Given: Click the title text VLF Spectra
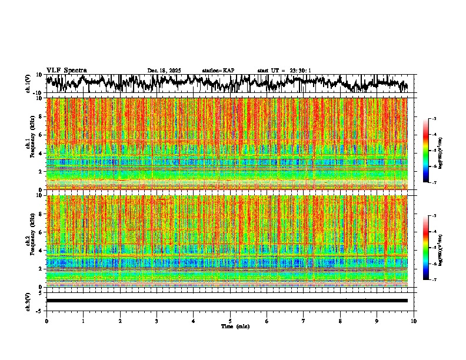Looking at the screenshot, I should tap(66, 71).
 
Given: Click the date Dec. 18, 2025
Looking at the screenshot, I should tap(164, 71).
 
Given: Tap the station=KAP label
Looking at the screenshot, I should tap(218, 71).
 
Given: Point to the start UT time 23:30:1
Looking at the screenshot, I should tap(297, 71).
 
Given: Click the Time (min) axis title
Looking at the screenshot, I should tap(235, 326).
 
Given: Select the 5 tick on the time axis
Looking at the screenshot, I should tap(230, 321).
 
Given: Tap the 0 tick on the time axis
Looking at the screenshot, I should tap(46, 321).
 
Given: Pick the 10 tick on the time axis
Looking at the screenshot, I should tap(414, 321).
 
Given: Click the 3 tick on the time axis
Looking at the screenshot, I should tap(157, 321).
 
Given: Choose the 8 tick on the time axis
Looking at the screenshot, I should tap(340, 321).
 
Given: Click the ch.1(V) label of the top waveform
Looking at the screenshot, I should tap(28, 84).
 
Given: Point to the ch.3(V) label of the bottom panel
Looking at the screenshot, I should tap(28, 301).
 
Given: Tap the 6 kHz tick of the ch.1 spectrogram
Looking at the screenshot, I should tap(41, 135).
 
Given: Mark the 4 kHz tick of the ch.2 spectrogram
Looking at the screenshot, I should tap(41, 250).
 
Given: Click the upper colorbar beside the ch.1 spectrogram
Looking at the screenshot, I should tap(432, 151).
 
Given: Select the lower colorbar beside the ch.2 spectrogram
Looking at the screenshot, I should tap(432, 248).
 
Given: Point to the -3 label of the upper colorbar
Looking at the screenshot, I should tap(439, 119).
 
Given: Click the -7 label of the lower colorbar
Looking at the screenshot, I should tap(439, 280).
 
